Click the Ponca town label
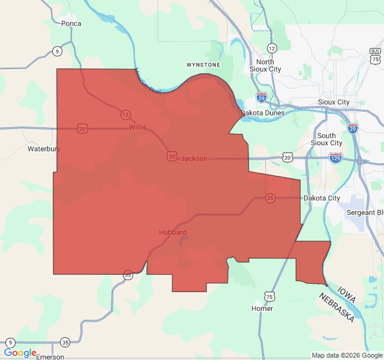71,23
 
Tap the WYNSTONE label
203,64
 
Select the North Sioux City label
265,65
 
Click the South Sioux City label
326,139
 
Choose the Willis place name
137,128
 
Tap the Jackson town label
194,158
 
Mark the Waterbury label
44,148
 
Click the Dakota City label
322,198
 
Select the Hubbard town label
173,232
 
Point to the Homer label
263,308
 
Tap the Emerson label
50,356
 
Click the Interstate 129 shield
335,158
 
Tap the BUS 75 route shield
375,56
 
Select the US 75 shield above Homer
269,296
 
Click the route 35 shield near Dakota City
271,198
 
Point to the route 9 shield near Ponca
56,51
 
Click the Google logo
20,353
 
